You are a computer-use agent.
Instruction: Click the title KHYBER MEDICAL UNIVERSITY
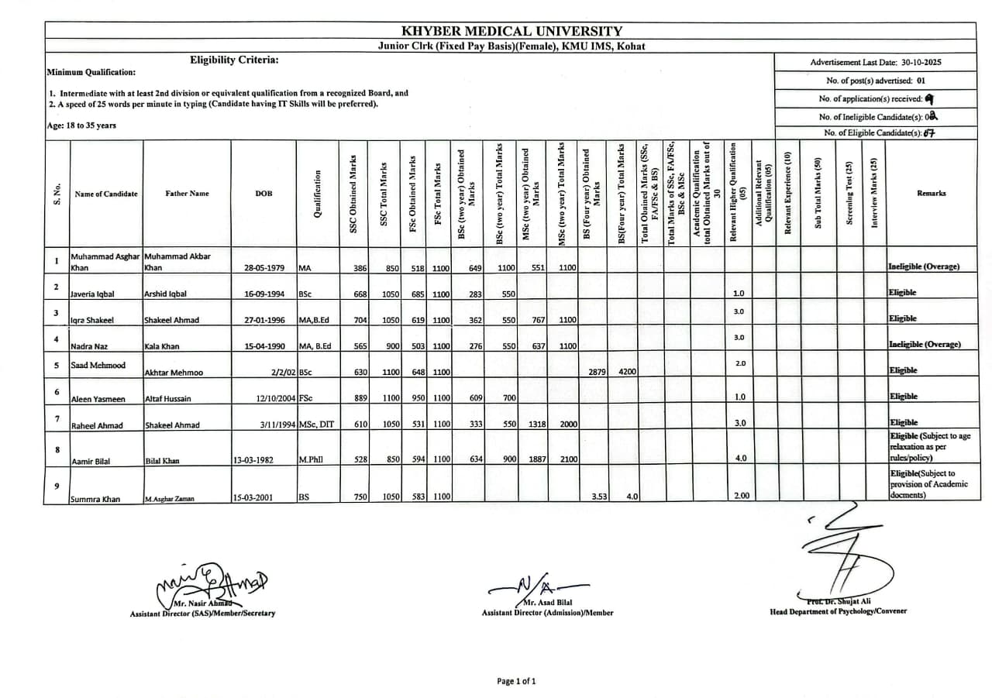tap(511, 31)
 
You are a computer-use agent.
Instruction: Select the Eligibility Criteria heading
tap(234, 60)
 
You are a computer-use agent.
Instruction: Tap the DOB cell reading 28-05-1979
tap(264, 267)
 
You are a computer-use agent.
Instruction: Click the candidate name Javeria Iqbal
tap(93, 294)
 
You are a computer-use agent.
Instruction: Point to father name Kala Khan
tap(161, 346)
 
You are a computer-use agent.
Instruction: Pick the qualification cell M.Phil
tap(310, 459)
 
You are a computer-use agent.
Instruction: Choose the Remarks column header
tap(931, 194)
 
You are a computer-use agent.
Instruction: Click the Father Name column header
tap(187, 194)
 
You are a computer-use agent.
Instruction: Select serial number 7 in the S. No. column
tap(57, 418)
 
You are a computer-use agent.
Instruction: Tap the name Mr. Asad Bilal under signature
tap(548, 602)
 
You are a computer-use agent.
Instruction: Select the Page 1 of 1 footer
tap(516, 682)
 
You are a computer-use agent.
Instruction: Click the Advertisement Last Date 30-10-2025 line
tap(876, 63)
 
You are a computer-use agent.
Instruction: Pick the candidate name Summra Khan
tap(95, 500)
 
